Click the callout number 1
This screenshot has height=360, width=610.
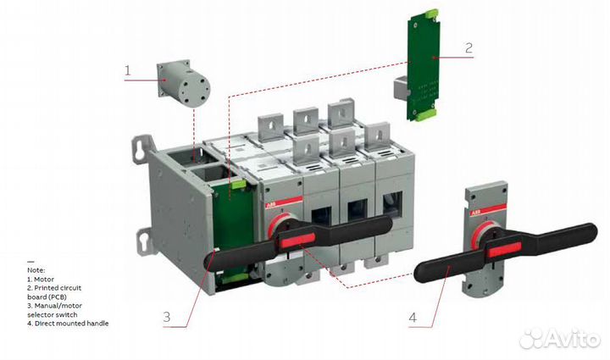click(x=129, y=71)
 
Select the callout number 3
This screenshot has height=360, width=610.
click(x=168, y=318)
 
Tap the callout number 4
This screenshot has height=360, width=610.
click(x=413, y=319)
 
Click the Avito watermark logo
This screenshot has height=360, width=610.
click(x=560, y=339)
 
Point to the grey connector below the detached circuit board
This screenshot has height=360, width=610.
click(x=402, y=89)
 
